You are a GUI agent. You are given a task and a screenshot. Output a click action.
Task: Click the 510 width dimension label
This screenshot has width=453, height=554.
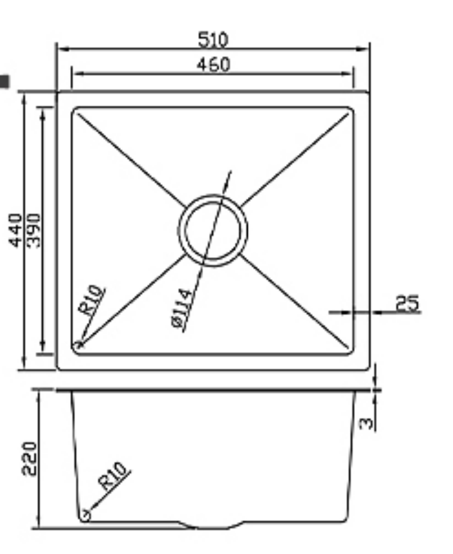pos(213,39)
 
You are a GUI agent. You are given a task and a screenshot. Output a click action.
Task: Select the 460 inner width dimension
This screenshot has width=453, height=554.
pos(213,64)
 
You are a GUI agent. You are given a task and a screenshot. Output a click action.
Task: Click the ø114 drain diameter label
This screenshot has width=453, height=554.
pos(181,309)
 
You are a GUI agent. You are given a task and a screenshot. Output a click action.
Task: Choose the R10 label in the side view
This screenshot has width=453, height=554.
pos(114,476)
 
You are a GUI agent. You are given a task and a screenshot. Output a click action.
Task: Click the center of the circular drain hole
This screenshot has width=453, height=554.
pos(213,230)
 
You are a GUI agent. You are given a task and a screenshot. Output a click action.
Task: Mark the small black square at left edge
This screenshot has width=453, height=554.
pos(5,81)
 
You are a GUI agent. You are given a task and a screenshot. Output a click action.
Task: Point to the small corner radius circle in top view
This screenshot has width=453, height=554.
pos(79,345)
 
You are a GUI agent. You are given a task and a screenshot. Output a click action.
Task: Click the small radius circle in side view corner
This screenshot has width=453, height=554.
pos(86,515)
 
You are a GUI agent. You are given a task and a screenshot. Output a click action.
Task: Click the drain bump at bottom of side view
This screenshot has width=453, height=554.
pos(213,526)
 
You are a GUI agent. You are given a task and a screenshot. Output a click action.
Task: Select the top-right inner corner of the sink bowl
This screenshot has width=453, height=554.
pos(350,110)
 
